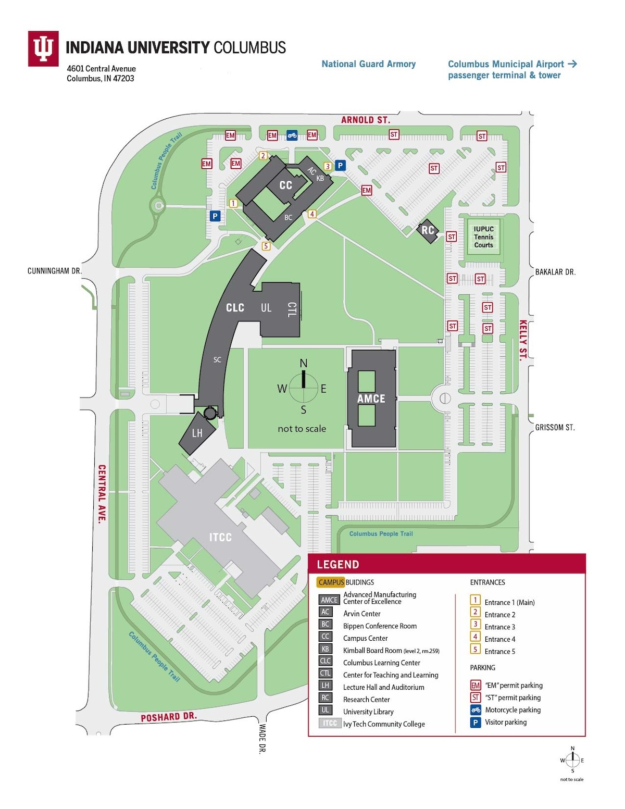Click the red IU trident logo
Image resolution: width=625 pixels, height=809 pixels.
pos(43,48)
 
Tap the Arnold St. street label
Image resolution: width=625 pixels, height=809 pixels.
pos(365,120)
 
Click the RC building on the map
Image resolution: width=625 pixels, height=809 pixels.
pos(428,230)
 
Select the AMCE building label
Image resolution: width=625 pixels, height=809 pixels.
pos(371,399)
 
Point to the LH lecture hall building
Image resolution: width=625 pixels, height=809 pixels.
pos(197,433)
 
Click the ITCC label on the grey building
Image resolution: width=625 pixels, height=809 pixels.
pos(220,537)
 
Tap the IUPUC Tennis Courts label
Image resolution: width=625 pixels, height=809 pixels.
pos(483,237)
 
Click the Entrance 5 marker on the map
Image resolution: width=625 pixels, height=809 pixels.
pos(266,246)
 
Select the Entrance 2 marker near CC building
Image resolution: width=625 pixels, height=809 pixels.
pos(263,156)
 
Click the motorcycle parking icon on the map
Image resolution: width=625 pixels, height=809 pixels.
pos(292,135)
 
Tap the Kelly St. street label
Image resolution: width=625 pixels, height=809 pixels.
pos(523,340)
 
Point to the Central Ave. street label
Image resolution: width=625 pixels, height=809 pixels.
pos(102,493)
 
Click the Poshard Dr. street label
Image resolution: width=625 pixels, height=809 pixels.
pos(169,717)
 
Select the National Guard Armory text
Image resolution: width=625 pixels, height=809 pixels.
pos(368,64)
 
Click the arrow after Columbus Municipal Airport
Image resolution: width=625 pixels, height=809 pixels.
pos(572,64)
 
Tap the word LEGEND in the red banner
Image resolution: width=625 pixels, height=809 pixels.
pos(337,564)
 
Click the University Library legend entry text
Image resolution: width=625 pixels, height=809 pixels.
pos(368,712)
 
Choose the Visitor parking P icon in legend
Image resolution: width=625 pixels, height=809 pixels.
pos(475,722)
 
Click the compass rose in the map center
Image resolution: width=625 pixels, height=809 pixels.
pos(304,388)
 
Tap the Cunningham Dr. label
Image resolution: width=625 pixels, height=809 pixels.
pos(55,271)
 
